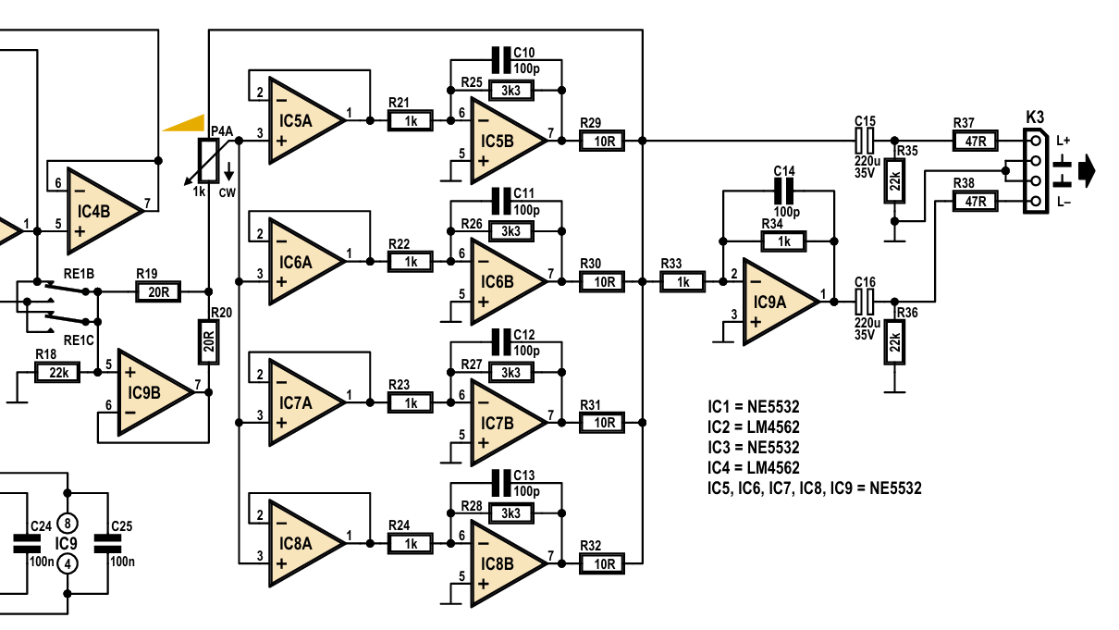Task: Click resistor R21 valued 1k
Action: pos(410,121)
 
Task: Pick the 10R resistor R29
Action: pos(602,142)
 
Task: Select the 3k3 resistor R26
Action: pos(511,231)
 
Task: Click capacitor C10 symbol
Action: pos(501,60)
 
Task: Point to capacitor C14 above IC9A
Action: pos(783,191)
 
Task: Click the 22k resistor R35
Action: pos(894,180)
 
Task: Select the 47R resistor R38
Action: pos(975,202)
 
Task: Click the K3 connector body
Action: pos(1035,171)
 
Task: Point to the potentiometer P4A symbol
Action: pos(208,161)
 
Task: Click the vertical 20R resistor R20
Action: pos(209,342)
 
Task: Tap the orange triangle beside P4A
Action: pos(186,123)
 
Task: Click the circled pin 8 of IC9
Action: pos(68,524)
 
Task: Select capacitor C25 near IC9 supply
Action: pos(107,544)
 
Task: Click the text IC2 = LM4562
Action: pos(754,427)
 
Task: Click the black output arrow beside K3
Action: pos(1087,171)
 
